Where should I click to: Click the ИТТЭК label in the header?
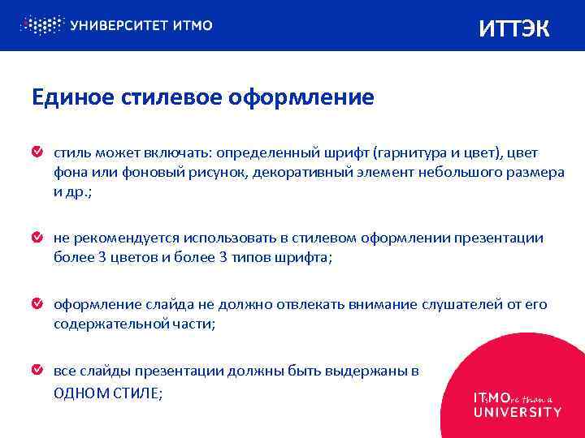click(514, 28)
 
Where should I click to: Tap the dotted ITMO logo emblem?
click(41, 25)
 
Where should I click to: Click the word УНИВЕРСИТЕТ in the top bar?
click(118, 25)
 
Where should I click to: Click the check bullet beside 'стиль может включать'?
click(37, 152)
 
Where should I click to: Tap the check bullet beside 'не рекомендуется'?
click(37, 238)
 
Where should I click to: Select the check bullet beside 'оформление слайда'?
click(37, 304)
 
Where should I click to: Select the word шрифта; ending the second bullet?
click(306, 259)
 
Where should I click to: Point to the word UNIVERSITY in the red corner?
click(517, 412)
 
